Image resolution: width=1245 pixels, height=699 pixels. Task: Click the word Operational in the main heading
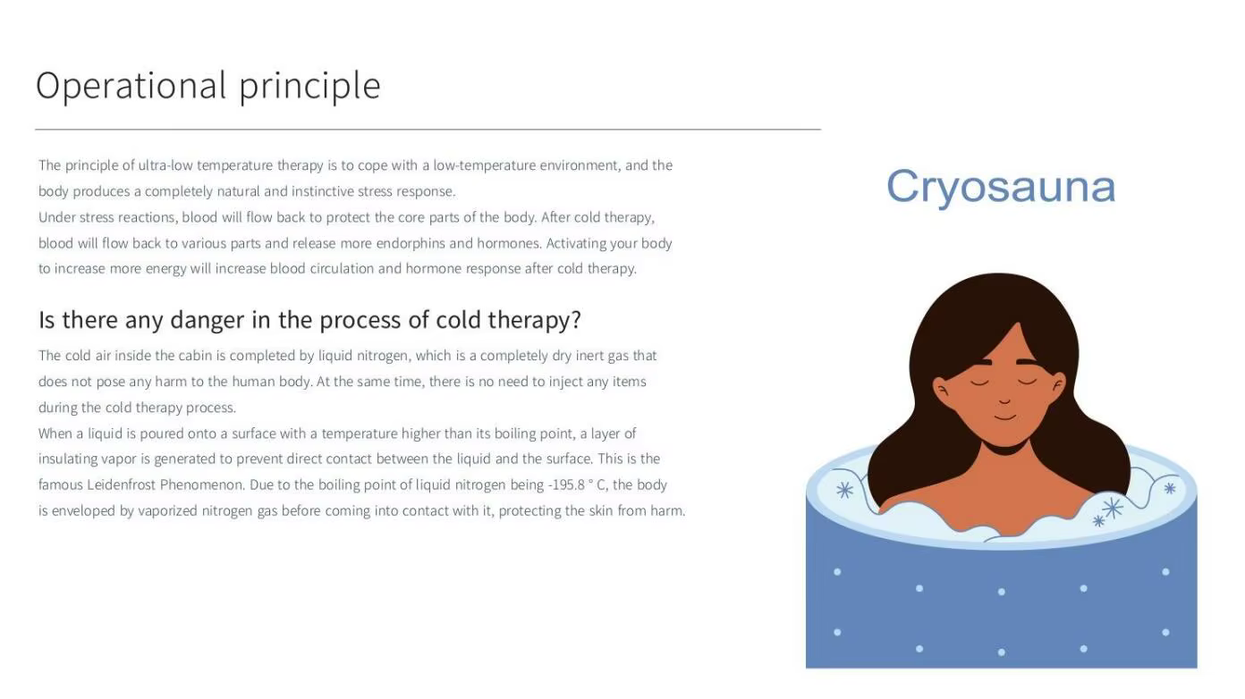(x=131, y=86)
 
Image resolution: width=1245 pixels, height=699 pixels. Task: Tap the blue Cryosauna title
(x=1001, y=187)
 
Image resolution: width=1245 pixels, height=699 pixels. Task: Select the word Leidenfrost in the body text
(x=121, y=485)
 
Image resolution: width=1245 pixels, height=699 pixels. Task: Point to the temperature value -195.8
(x=566, y=485)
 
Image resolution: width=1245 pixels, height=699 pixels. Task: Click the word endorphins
(x=411, y=243)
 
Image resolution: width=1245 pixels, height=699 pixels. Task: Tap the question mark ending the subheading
(x=575, y=320)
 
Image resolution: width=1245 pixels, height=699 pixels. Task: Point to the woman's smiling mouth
(x=1005, y=417)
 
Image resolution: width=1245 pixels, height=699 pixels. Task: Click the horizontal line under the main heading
(x=428, y=130)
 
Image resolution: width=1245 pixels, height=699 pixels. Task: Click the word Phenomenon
(x=202, y=485)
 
